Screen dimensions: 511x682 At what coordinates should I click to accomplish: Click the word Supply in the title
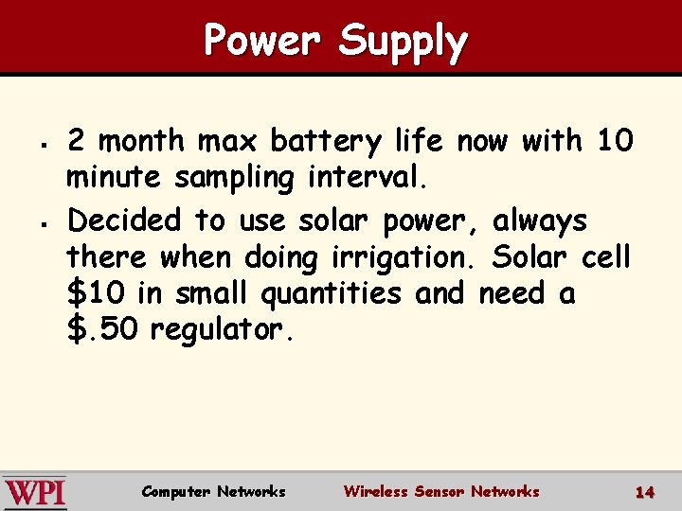(403, 43)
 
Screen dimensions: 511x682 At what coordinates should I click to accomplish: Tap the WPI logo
(34, 492)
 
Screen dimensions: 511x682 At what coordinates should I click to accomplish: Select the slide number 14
(645, 492)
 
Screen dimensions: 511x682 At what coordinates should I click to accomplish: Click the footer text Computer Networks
(213, 491)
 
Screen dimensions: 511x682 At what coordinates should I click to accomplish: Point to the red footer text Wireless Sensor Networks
(441, 491)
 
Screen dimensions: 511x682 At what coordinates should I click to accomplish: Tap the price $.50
(103, 330)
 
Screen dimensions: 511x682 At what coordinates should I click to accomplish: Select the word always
(540, 221)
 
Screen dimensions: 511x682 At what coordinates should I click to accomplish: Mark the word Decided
(124, 220)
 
